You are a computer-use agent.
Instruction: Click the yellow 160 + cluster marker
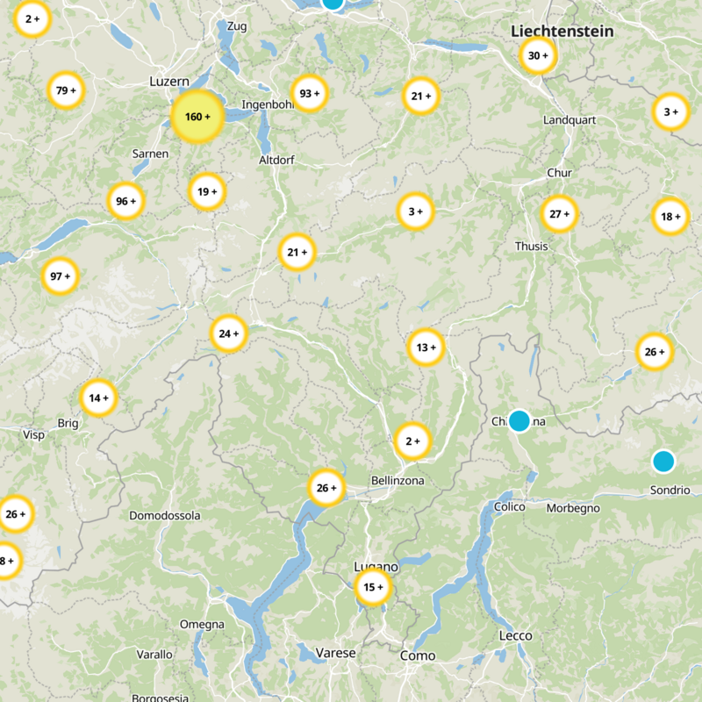pos(197,117)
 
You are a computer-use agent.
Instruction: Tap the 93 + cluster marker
pos(310,94)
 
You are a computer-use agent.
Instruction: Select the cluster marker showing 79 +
pos(67,90)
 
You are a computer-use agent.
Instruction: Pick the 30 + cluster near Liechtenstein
pos(538,56)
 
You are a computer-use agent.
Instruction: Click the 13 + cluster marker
pos(426,347)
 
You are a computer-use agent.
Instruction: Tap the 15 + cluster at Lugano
pos(372,587)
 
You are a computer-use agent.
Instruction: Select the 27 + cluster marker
pos(559,214)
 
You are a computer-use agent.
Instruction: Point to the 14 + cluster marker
pos(98,398)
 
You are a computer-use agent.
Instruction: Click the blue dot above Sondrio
pos(663,461)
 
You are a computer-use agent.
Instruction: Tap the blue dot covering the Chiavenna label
pos(519,420)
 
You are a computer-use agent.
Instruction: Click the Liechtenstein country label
pos(562,32)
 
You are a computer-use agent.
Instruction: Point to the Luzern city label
pos(169,81)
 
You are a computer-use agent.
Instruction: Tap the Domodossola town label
pos(165,515)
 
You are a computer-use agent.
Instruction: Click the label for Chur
pos(559,173)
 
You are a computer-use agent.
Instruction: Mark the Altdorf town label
pos(277,161)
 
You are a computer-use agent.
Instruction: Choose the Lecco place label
pos(515,635)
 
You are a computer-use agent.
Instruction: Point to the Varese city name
pos(336,653)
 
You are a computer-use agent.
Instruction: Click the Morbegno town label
pos(573,508)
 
